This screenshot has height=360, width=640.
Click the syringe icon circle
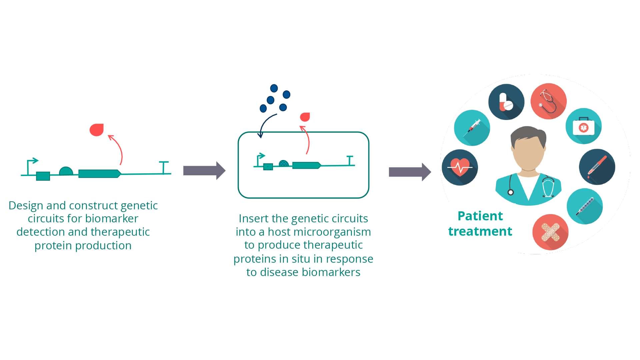pos(472,128)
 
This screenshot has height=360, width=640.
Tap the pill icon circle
pos(506,102)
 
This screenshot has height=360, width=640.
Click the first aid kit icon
pos(584,126)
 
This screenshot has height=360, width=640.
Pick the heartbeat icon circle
pos(460,167)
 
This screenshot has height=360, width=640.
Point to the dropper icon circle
pos(597,167)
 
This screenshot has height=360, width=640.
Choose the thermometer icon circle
pos(585,206)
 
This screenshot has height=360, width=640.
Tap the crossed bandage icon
pos(550,232)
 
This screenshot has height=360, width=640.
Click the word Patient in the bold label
pos(480,216)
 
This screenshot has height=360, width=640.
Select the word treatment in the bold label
pos(480,231)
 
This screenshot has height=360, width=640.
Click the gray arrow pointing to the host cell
pos(204,171)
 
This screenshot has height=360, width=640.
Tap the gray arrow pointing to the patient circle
pos(410,172)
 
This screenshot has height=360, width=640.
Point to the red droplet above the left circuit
pos(97,130)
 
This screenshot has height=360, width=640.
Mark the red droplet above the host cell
pos(305,117)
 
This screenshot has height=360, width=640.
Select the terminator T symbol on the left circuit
pos(164,167)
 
